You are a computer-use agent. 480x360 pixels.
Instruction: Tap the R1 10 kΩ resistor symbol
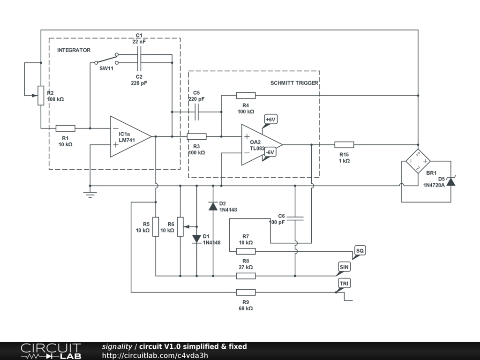(66, 128)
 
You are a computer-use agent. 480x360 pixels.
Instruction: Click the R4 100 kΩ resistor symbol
(246, 96)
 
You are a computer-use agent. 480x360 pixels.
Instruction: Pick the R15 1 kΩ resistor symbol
(344, 144)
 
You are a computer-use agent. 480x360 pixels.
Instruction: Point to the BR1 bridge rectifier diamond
(417, 161)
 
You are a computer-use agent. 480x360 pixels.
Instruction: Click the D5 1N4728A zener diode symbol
(450, 181)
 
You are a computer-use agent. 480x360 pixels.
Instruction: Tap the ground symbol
(90, 194)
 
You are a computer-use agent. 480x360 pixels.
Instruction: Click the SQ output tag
(360, 251)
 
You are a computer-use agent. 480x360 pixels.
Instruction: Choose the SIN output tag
(344, 267)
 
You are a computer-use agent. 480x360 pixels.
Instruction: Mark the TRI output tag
(345, 284)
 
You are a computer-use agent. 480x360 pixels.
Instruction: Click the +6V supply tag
(271, 120)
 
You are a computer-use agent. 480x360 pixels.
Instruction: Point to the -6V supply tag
(270, 152)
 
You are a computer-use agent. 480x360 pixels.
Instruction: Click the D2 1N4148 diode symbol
(213, 205)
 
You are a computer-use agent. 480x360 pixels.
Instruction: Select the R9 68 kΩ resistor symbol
(246, 292)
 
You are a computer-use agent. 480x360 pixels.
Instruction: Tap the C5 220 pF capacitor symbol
(197, 112)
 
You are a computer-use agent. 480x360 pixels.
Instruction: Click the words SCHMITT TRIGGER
(294, 83)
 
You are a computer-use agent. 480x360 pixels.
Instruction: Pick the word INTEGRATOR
(74, 50)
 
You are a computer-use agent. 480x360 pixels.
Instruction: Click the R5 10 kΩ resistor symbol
(156, 227)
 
